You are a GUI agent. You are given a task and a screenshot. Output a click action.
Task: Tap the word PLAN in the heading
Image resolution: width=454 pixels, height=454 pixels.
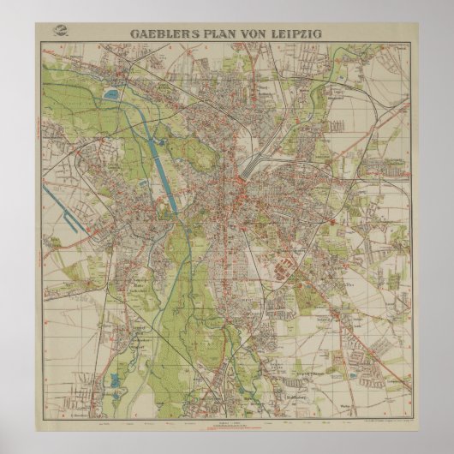224,33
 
